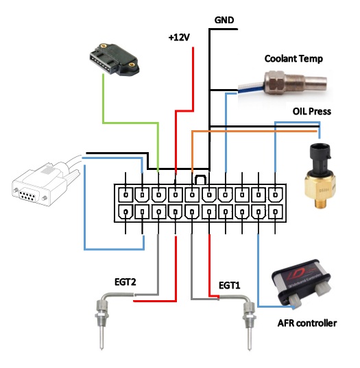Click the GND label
pyautogui.click(x=224, y=20)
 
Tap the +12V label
pyautogui.click(x=179, y=37)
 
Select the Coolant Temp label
pyautogui.click(x=293, y=59)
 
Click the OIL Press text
pyautogui.click(x=311, y=111)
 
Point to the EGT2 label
pyautogui.click(x=125, y=282)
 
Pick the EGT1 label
pyautogui.click(x=229, y=285)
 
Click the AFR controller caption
pyautogui.click(x=307, y=323)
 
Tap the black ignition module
pyautogui.click(x=114, y=59)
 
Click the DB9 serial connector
pyautogui.click(x=46, y=183)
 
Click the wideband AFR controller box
pyautogui.click(x=302, y=282)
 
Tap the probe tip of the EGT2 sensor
pyautogui.click(x=101, y=349)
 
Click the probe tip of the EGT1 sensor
pyautogui.click(x=249, y=349)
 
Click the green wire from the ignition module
pyautogui.click(x=130, y=123)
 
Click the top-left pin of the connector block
pyautogui.click(x=126, y=195)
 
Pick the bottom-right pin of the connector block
pyautogui.click(x=276, y=212)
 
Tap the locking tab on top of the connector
pyautogui.click(x=201, y=180)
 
